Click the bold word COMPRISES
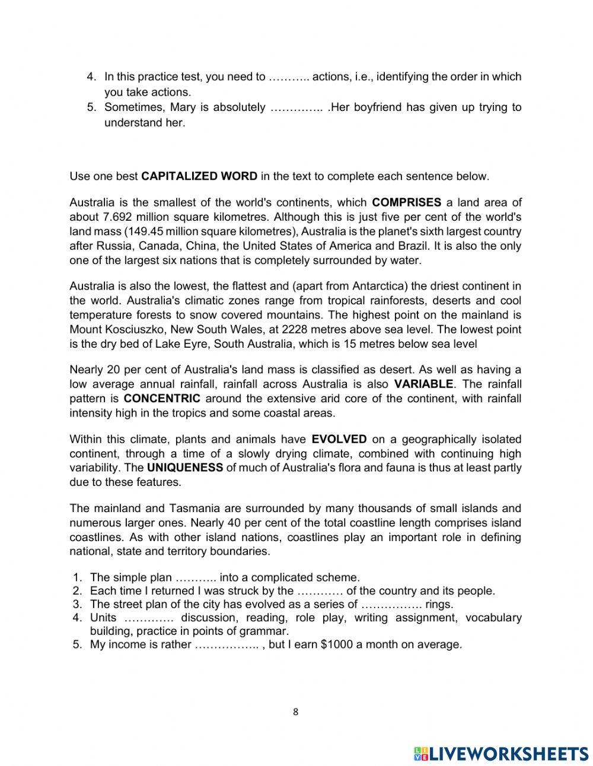406,202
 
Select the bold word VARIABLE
423,384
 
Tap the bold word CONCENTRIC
162,398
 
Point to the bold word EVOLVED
339,440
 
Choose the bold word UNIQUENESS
185,468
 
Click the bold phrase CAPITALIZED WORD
199,176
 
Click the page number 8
296,713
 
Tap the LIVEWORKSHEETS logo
501,753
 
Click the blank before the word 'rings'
391,605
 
